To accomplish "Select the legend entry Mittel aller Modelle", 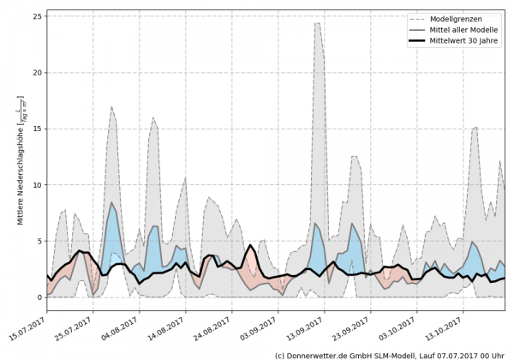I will coord(463,29).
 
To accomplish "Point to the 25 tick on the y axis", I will coord(39,16).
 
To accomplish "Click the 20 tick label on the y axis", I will coord(39,72).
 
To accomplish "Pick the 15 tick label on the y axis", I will coord(39,129).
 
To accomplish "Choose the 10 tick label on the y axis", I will coord(39,185).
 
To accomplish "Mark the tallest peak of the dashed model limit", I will coord(317,23).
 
